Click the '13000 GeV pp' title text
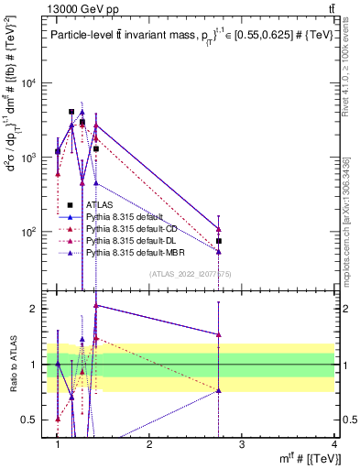[76, 7]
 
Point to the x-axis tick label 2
[150, 444]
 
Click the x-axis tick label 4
[334, 444]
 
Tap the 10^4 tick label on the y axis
[29, 83]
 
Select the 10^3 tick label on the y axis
[29, 158]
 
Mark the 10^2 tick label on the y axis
[29, 232]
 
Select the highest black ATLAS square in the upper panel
[71, 112]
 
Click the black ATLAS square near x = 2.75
[219, 241]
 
